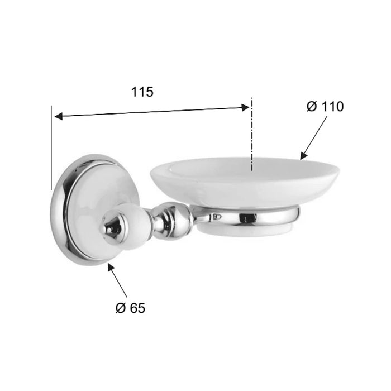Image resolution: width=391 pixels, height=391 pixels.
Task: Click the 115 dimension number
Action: pyautogui.click(x=142, y=92)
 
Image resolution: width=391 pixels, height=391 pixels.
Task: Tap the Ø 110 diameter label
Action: pyautogui.click(x=325, y=107)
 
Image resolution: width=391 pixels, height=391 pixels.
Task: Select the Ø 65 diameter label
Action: pyautogui.click(x=130, y=308)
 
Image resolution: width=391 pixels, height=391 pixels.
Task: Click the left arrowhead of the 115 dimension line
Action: pyautogui.click(x=58, y=116)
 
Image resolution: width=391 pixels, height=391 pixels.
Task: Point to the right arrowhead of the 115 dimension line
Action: pyautogui.click(x=245, y=108)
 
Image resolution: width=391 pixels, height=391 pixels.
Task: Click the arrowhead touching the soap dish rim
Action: pyautogui.click(x=303, y=156)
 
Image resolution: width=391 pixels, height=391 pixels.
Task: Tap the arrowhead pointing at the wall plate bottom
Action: pyautogui.click(x=111, y=267)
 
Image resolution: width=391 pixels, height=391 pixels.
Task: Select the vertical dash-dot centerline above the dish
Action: pyautogui.click(x=252, y=135)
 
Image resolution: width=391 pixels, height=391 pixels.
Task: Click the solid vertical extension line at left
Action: pyautogui.click(x=51, y=147)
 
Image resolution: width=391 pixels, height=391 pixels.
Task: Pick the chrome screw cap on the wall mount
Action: pyautogui.click(x=113, y=226)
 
